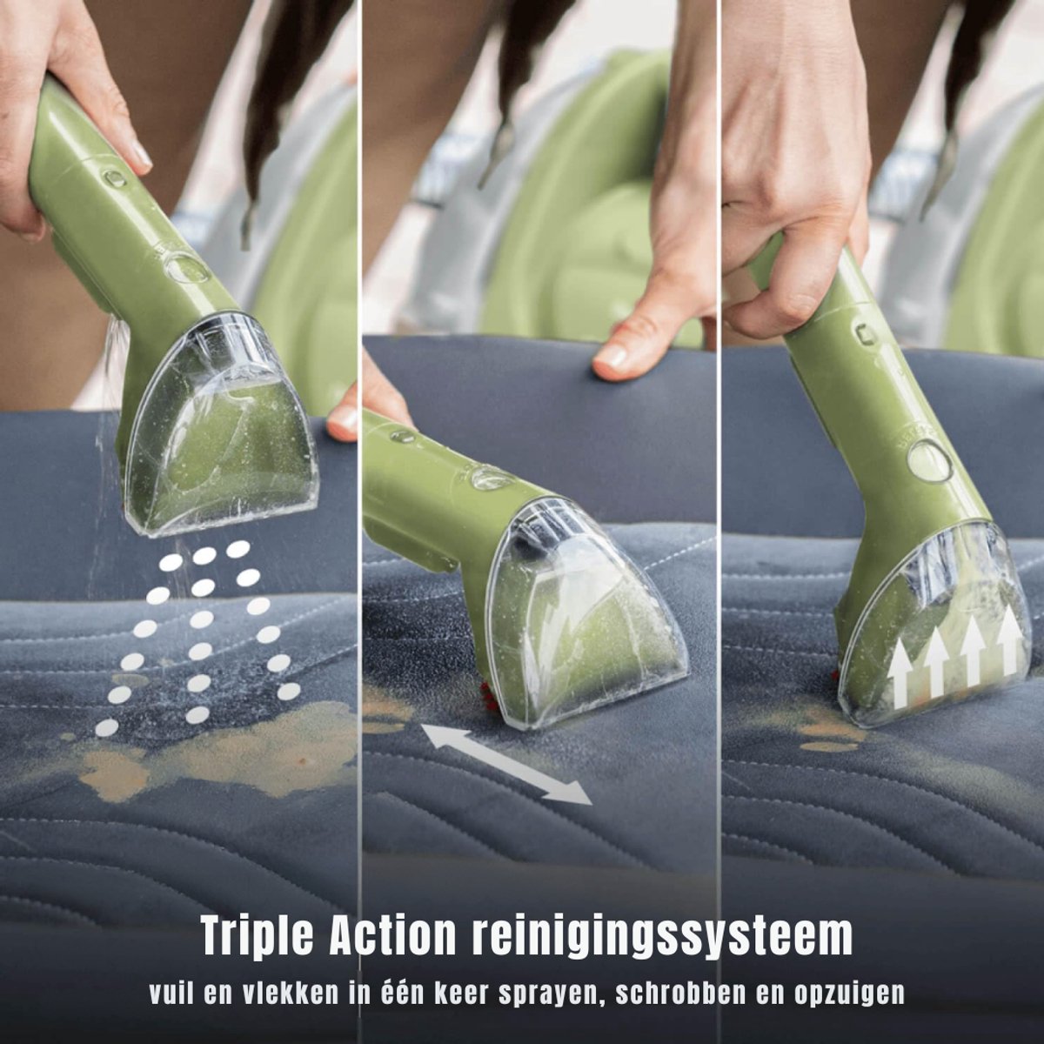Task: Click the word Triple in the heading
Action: coord(259,935)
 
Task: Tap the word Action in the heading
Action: coord(393,934)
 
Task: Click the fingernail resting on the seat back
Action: coord(611,359)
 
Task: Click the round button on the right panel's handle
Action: coord(931,460)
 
